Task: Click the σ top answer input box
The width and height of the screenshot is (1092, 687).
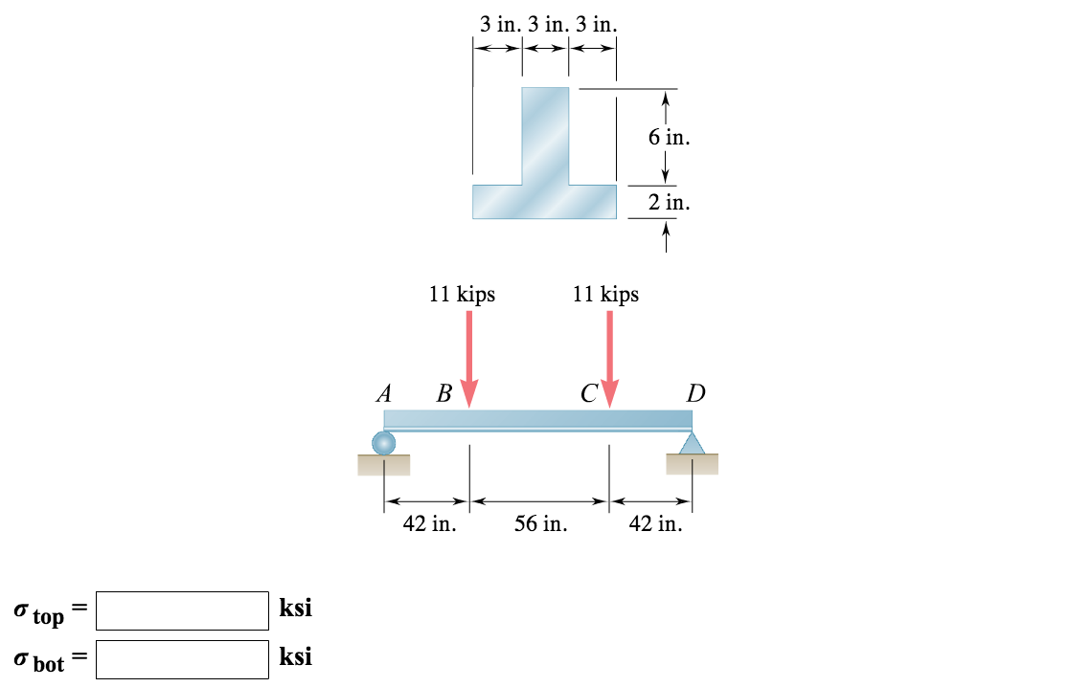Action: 182,610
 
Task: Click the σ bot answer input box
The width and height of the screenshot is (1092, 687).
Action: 182,659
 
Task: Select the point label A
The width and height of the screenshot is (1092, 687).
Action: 385,393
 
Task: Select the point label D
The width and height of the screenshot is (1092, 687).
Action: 695,393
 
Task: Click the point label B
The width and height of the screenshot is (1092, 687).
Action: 444,393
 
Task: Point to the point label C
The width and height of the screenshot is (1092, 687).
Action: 587,393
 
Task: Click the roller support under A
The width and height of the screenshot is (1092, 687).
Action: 383,442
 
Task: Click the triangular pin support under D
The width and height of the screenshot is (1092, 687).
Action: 692,442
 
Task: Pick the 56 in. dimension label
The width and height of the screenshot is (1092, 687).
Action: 540,524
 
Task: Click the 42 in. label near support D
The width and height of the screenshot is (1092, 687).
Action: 655,524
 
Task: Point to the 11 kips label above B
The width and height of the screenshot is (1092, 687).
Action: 462,294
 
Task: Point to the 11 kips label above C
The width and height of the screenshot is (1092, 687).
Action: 605,294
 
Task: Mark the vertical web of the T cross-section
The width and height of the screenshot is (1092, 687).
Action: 544,134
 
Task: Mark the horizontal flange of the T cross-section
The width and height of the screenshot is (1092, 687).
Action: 544,202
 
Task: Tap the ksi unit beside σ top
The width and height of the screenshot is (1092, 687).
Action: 295,609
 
